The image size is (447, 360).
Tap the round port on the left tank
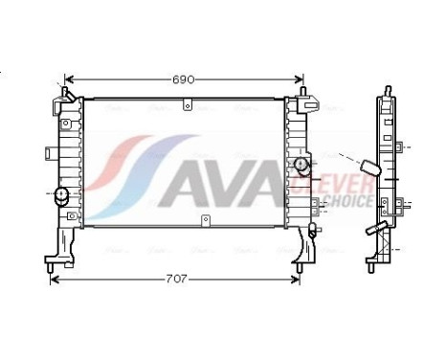[63, 195]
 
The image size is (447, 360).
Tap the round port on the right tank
[303, 168]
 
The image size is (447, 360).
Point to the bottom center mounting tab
[204, 222]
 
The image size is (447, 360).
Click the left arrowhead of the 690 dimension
[68, 79]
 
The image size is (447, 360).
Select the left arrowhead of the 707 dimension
[54, 279]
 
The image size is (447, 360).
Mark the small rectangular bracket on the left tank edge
[49, 151]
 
